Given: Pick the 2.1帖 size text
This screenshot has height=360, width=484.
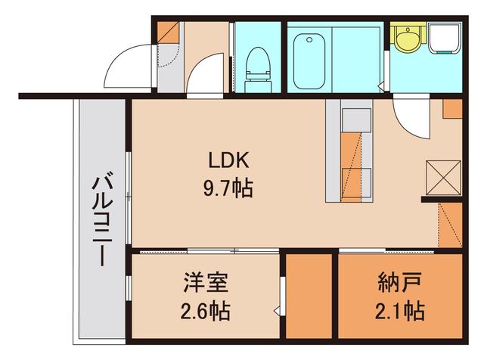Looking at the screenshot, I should pos(399,310).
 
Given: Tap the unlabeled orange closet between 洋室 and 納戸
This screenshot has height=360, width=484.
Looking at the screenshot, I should pos(310,295).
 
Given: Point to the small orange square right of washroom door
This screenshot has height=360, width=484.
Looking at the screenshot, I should pos(452,108).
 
